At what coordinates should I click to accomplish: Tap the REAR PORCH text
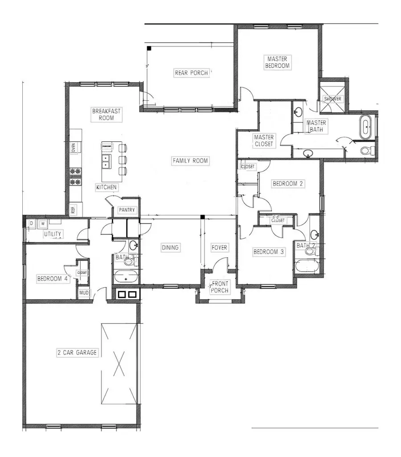tap(191, 73)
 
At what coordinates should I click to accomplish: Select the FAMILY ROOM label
tap(190, 161)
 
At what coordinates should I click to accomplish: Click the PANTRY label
tap(127, 210)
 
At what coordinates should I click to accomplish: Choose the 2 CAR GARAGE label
tap(77, 353)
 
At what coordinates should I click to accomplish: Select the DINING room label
tap(170, 247)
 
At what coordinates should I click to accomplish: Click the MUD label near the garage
tap(84, 293)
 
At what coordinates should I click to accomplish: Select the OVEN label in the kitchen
tap(73, 148)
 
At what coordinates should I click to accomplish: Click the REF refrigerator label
tap(73, 209)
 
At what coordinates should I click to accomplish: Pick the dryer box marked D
tap(32, 223)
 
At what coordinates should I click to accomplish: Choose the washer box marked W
tap(43, 223)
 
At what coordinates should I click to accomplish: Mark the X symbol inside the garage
tap(119, 363)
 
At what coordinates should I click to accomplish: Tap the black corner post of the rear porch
tap(150, 48)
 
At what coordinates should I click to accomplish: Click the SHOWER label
tap(332, 99)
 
